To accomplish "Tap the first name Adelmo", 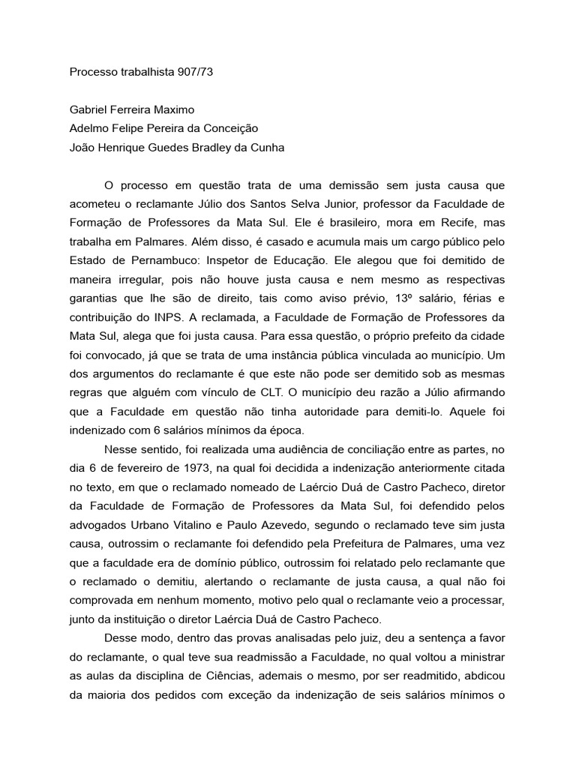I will point(88,128).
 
